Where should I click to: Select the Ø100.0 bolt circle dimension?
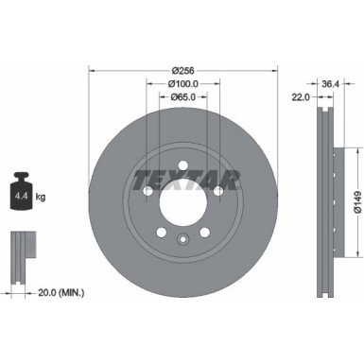183,83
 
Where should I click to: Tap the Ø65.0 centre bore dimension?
183,97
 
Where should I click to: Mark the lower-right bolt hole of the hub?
206,234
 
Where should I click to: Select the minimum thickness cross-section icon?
19,250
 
